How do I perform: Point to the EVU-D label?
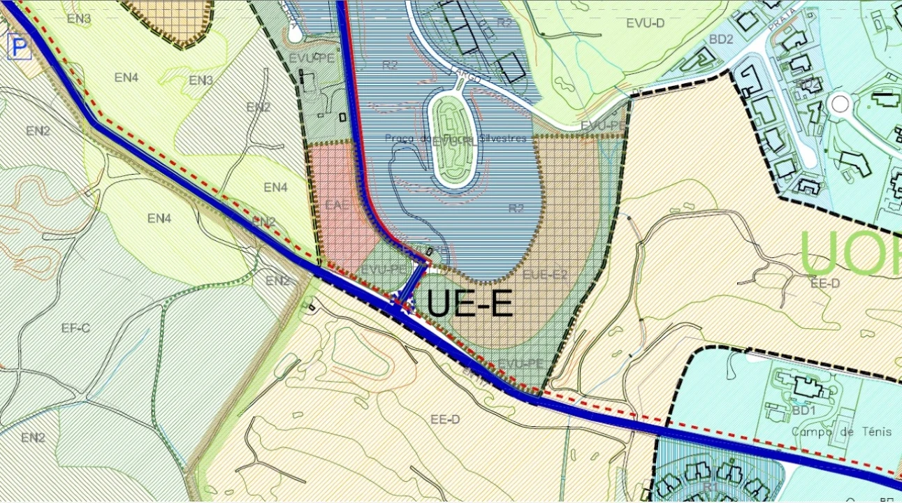pyautogui.click(x=645, y=24)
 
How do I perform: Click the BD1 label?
pyautogui.click(x=804, y=410)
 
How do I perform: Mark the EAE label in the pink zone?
pyautogui.click(x=337, y=205)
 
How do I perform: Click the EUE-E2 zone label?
pyautogui.click(x=544, y=275)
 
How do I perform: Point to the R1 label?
pyautogui.click(x=711, y=486)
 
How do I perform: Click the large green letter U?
pyautogui.click(x=820, y=251)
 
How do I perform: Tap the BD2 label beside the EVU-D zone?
pyautogui.click(x=721, y=39)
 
